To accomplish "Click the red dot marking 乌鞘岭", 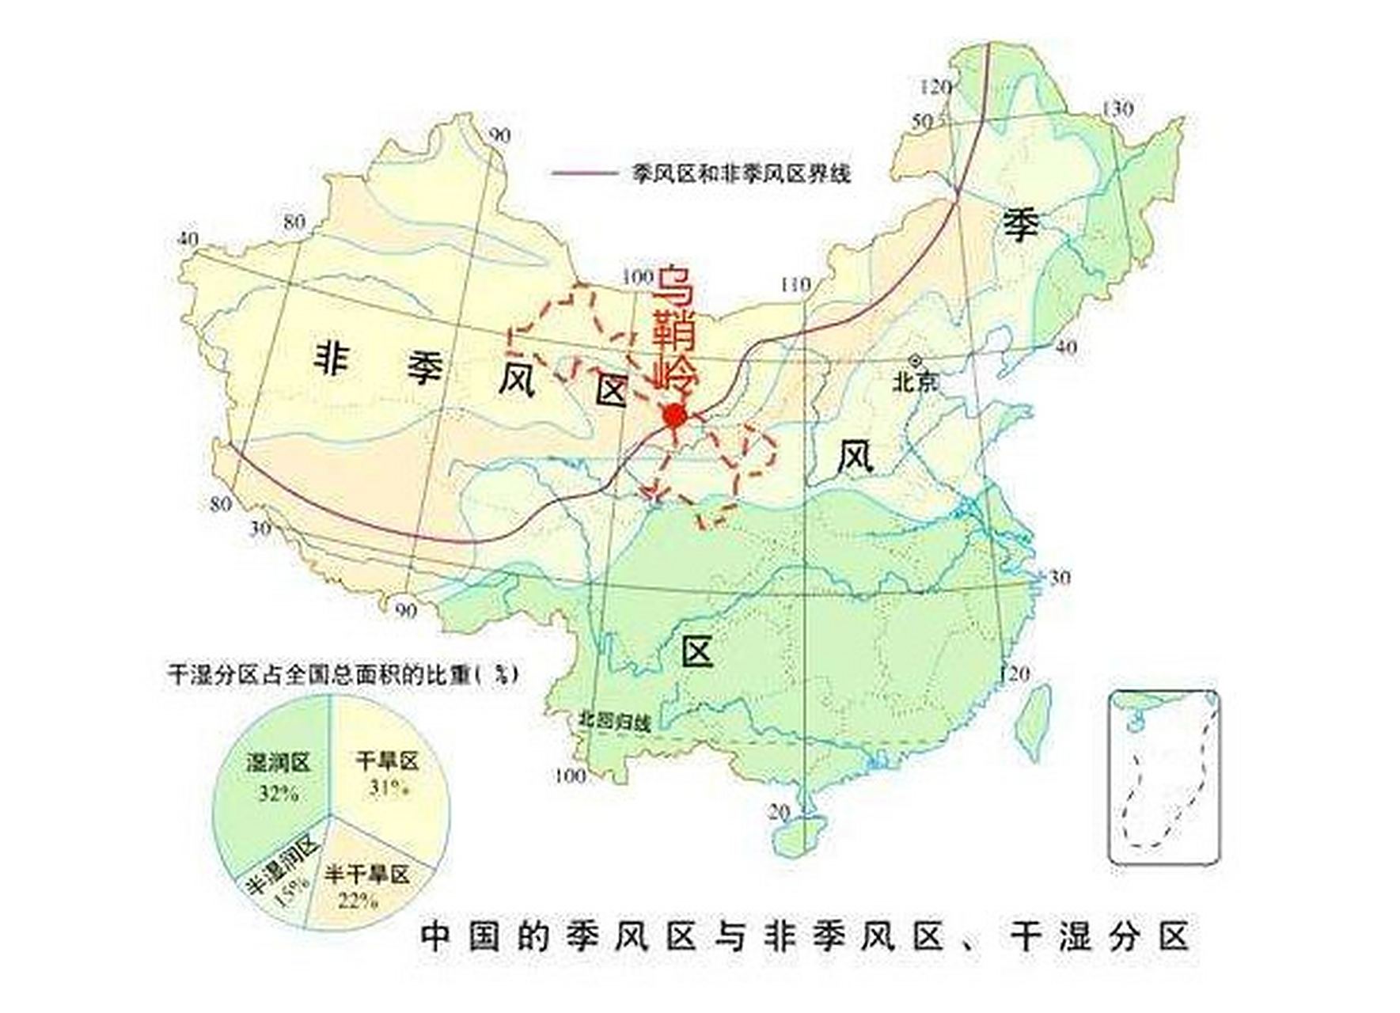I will click(x=673, y=415).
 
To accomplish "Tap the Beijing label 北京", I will click(x=915, y=382).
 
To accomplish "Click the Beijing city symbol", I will click(x=916, y=359).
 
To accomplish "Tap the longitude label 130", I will click(x=1117, y=109).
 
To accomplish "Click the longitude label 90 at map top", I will click(x=499, y=135).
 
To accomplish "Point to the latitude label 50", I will click(x=922, y=121).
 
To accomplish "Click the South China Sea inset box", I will click(x=1163, y=777).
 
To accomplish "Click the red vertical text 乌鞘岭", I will click(x=673, y=328).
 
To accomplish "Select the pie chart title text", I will click(x=342, y=674).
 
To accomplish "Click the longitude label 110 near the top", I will click(x=795, y=284).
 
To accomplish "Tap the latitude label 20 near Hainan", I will click(x=779, y=812).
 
